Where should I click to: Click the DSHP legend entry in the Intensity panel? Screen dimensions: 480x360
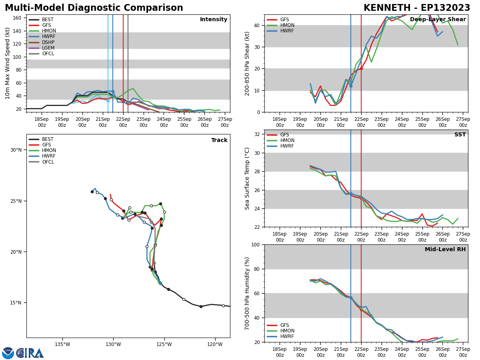click(x=42, y=42)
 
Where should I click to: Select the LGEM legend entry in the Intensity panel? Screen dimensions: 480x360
click(x=42, y=48)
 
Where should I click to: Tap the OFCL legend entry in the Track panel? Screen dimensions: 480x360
click(x=42, y=162)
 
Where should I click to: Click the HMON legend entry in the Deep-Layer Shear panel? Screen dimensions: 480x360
click(x=280, y=25)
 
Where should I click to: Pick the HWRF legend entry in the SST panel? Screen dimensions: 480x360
click(x=280, y=146)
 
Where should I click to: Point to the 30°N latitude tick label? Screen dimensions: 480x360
click(x=16, y=150)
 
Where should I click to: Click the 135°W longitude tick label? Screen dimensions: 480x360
click(x=62, y=344)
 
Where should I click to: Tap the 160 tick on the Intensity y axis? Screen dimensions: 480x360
click(x=17, y=18)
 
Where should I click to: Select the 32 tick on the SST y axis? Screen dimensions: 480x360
click(x=257, y=134)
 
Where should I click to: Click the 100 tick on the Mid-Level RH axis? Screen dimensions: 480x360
click(x=256, y=244)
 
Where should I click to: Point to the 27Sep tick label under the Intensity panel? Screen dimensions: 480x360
click(x=225, y=122)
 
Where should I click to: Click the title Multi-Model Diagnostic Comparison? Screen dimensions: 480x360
click(x=94, y=8)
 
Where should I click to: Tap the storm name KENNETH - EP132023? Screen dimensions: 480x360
click(x=417, y=8)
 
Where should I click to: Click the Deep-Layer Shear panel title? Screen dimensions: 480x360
click(x=438, y=19)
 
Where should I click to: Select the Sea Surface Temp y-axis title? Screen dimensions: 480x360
click(x=247, y=178)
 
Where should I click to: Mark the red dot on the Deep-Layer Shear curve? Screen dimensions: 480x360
click(x=361, y=69)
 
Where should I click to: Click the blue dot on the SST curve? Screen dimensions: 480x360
click(x=351, y=194)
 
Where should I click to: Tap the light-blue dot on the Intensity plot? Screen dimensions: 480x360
click(x=108, y=101)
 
